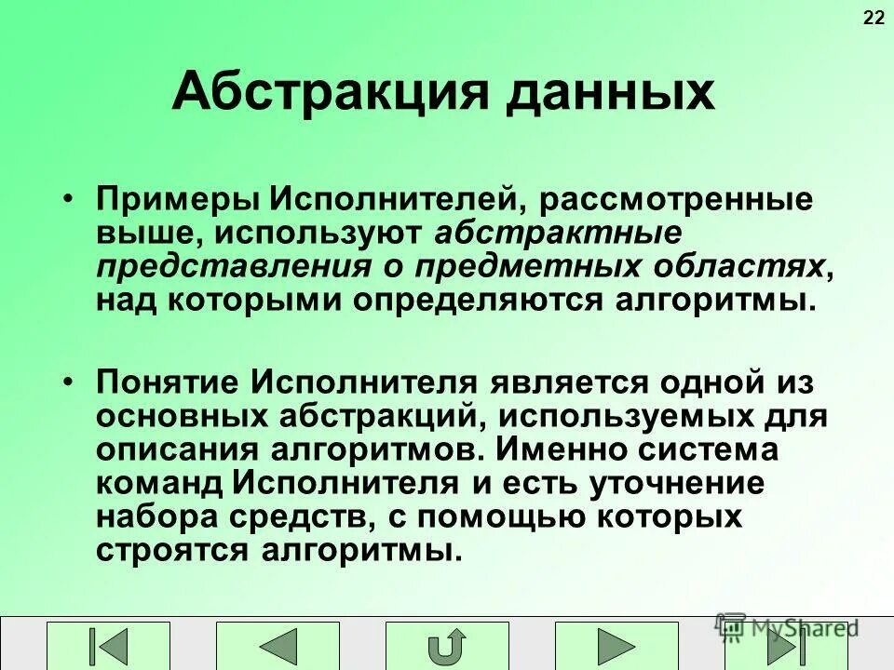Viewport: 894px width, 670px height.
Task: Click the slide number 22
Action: click(874, 18)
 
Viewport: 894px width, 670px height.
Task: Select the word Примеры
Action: click(177, 200)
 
